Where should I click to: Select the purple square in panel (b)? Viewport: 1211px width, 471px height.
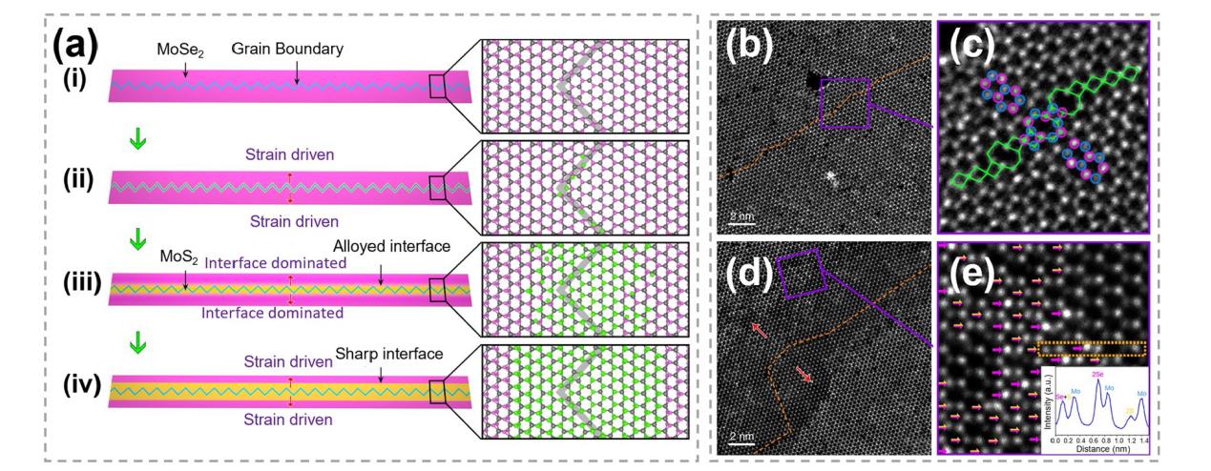click(x=845, y=102)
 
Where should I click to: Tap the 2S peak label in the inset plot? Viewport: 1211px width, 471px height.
click(x=1129, y=411)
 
